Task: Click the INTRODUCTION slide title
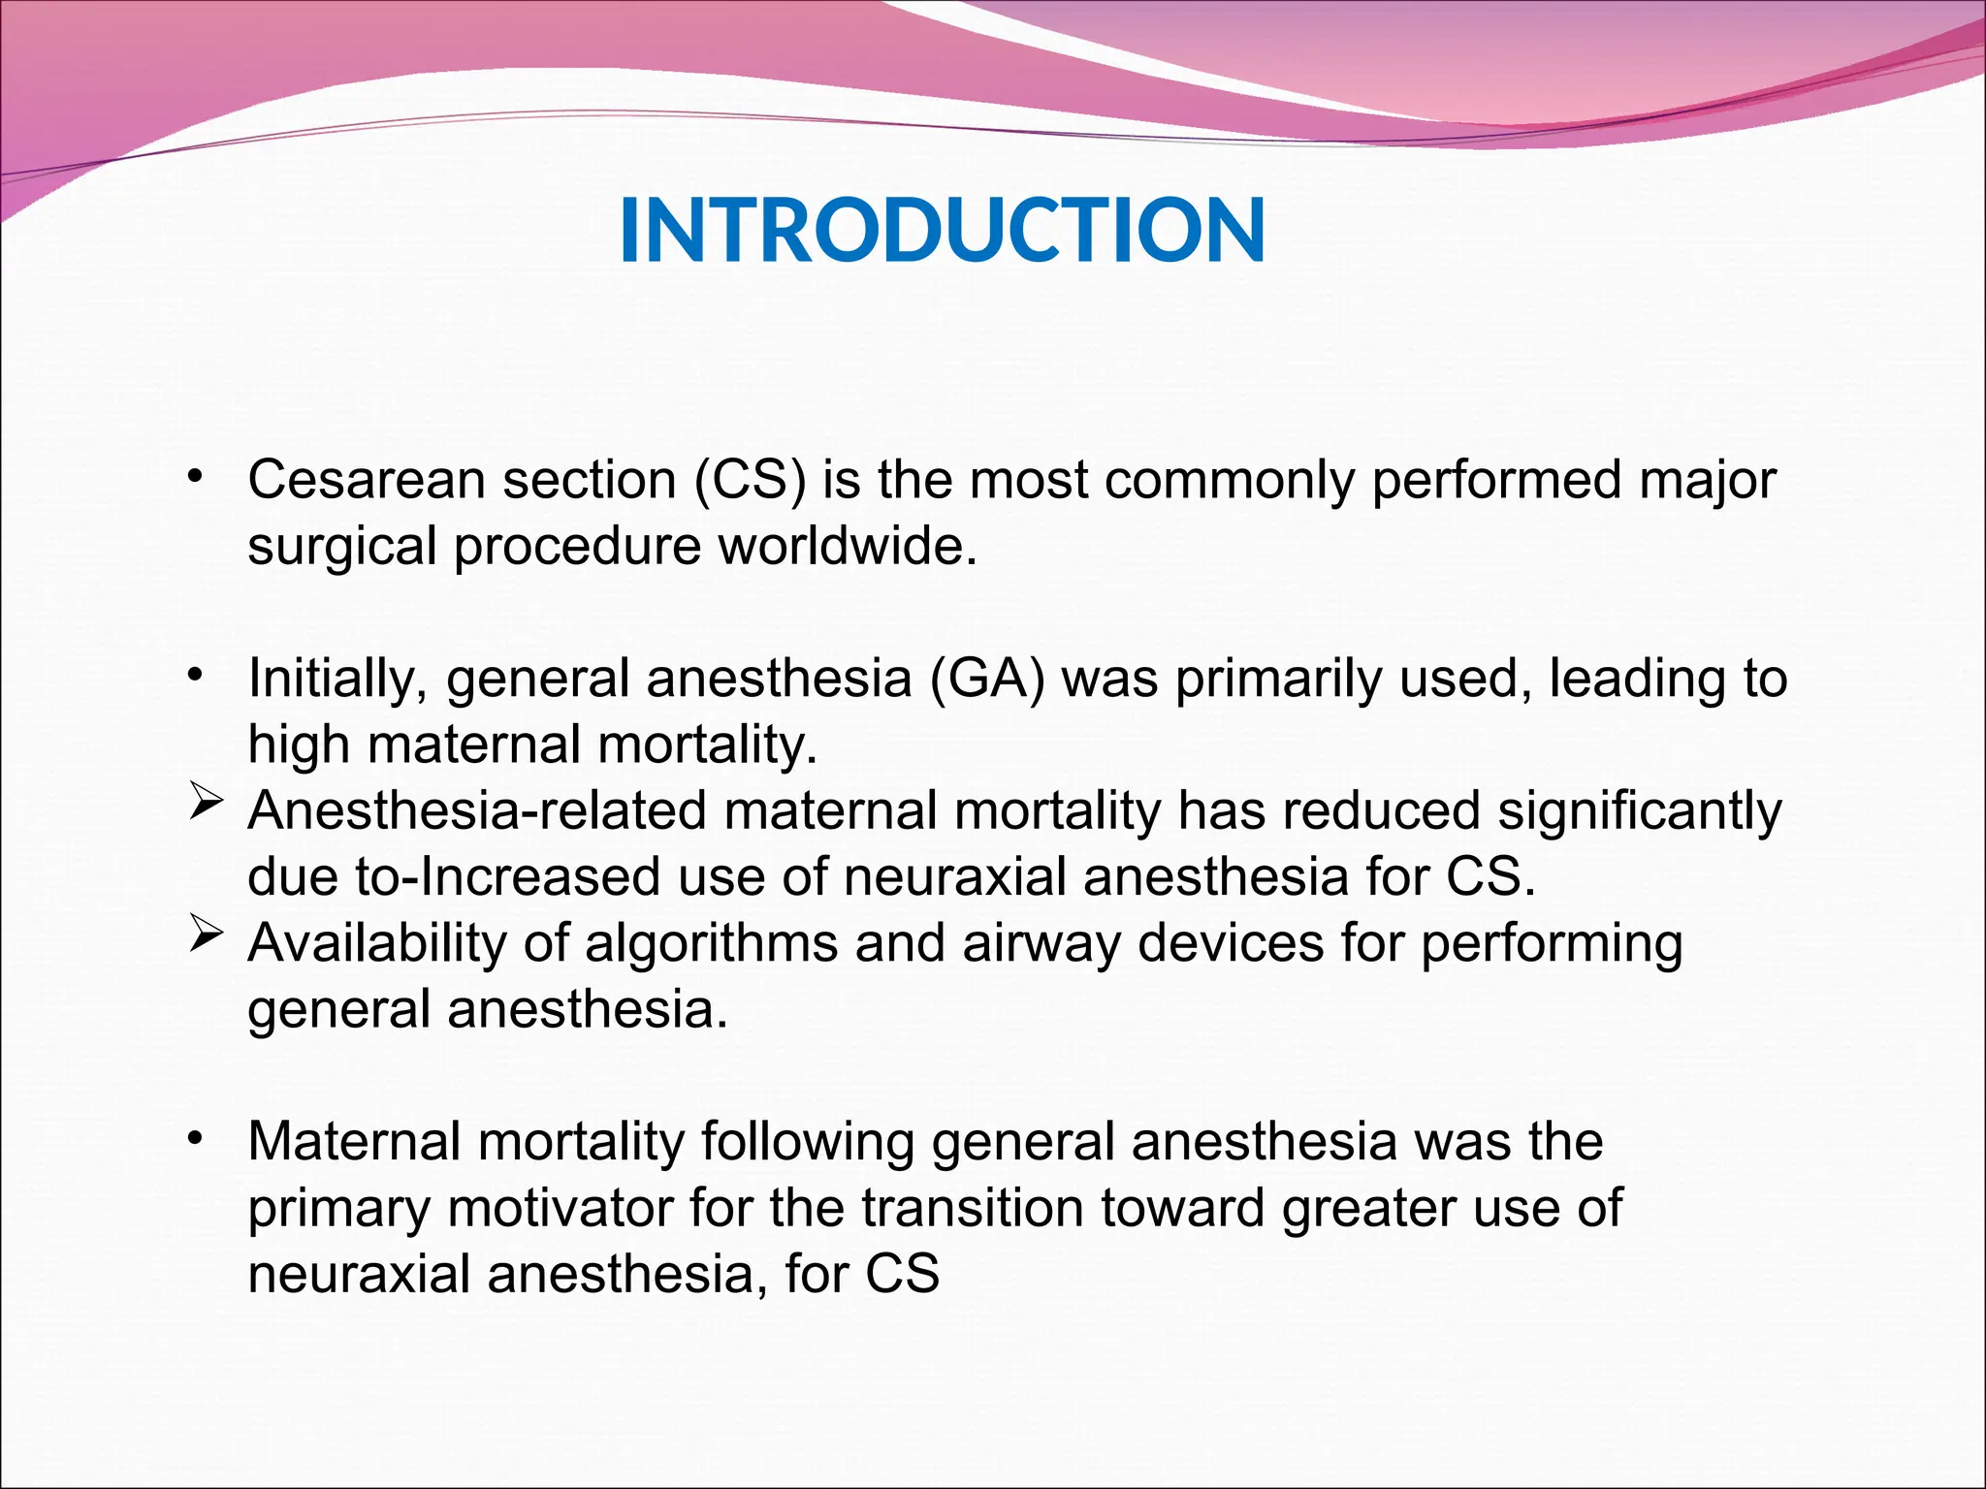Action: (x=942, y=231)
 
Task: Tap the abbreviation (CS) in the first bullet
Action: (x=750, y=480)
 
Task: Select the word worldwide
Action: (x=847, y=546)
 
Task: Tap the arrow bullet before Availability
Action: (x=206, y=936)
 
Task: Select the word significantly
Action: (x=1639, y=810)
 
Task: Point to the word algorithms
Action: (x=711, y=942)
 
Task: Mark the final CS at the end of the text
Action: (x=902, y=1274)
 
